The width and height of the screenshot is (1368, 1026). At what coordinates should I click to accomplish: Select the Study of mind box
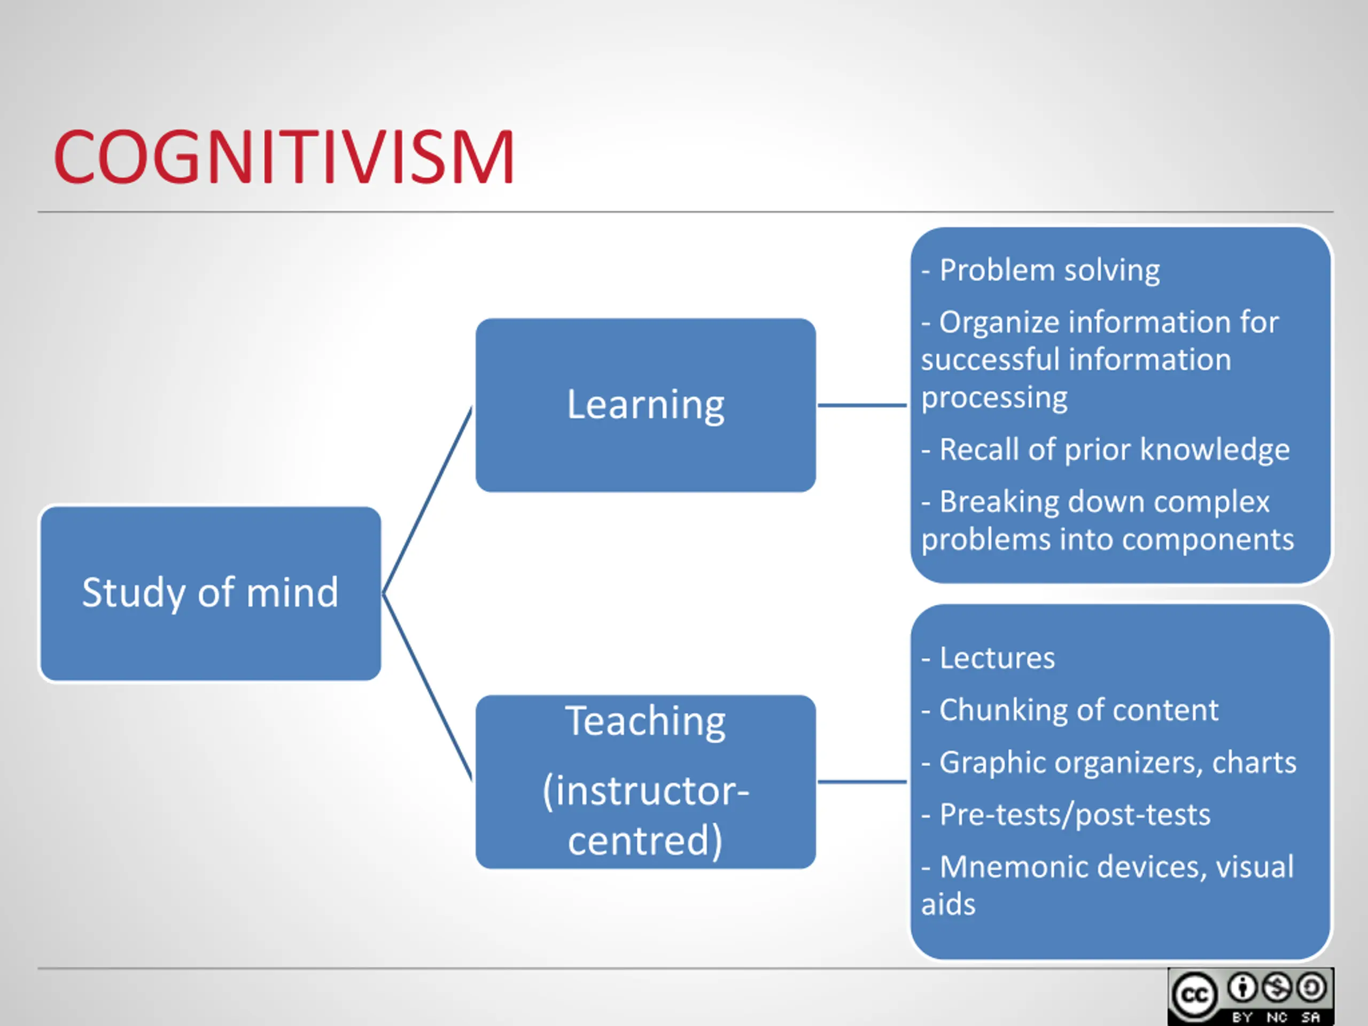210,593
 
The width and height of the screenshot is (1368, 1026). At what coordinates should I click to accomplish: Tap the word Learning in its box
645,405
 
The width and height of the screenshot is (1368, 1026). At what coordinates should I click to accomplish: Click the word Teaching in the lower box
645,722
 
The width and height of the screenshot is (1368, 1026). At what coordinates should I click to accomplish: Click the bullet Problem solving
1049,270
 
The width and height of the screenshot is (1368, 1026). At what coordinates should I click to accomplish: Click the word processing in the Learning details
994,398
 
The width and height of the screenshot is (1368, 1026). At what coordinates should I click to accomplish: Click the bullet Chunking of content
1078,710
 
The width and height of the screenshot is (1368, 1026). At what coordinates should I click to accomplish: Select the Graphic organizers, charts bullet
1117,763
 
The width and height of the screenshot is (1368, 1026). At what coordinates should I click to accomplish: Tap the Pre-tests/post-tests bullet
1074,814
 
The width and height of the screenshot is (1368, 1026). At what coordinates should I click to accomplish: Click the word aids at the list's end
948,905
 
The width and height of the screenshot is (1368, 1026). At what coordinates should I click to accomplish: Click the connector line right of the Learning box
862,405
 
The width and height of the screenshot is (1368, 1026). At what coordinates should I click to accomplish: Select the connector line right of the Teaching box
862,782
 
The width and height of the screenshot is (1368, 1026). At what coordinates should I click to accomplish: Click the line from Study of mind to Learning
428,500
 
